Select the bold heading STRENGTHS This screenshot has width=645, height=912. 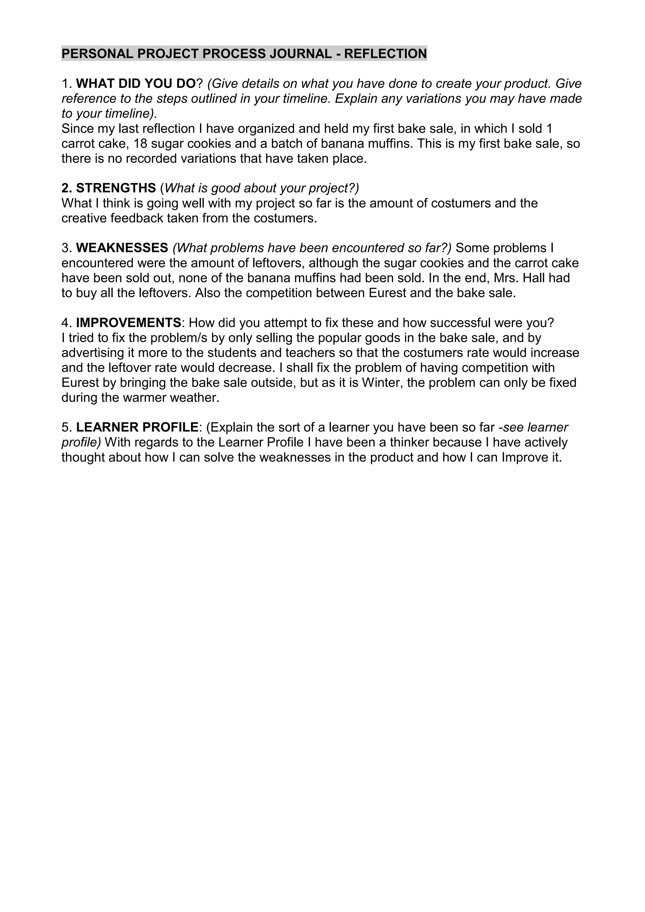click(x=116, y=188)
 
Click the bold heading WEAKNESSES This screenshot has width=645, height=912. click(x=122, y=248)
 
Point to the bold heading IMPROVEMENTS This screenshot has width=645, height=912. click(x=128, y=323)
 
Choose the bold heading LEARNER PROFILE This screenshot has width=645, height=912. click(x=137, y=427)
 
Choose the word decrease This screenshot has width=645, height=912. click(x=244, y=368)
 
